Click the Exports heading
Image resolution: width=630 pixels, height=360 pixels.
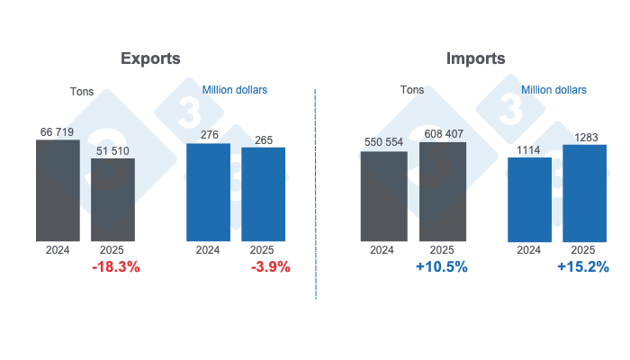(150, 58)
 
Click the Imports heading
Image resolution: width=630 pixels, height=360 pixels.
(475, 58)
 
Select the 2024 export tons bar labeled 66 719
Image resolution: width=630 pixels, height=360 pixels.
(58, 191)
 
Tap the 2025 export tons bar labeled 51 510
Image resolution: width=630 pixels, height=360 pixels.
(113, 200)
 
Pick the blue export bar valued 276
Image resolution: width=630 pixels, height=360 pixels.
(208, 193)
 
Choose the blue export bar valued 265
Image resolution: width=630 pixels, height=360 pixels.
(263, 194)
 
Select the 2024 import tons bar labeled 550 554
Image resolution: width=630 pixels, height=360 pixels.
(382, 196)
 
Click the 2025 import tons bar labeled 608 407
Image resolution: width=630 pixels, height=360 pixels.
(442, 192)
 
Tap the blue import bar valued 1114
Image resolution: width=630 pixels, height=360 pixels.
(529, 199)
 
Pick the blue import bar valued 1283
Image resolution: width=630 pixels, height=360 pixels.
(584, 193)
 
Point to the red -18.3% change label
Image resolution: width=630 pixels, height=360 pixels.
(116, 267)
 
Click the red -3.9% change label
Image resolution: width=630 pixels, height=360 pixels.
(265, 267)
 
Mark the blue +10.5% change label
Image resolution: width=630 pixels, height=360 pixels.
(440, 267)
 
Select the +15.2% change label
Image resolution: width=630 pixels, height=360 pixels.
(583, 267)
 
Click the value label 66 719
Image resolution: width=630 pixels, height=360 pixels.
(58, 131)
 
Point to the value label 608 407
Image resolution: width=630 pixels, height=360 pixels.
(442, 134)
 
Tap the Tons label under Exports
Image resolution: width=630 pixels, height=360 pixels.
(82, 92)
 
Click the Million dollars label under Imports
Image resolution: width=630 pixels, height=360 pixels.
(553, 90)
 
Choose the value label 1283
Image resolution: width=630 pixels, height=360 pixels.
(584, 137)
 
